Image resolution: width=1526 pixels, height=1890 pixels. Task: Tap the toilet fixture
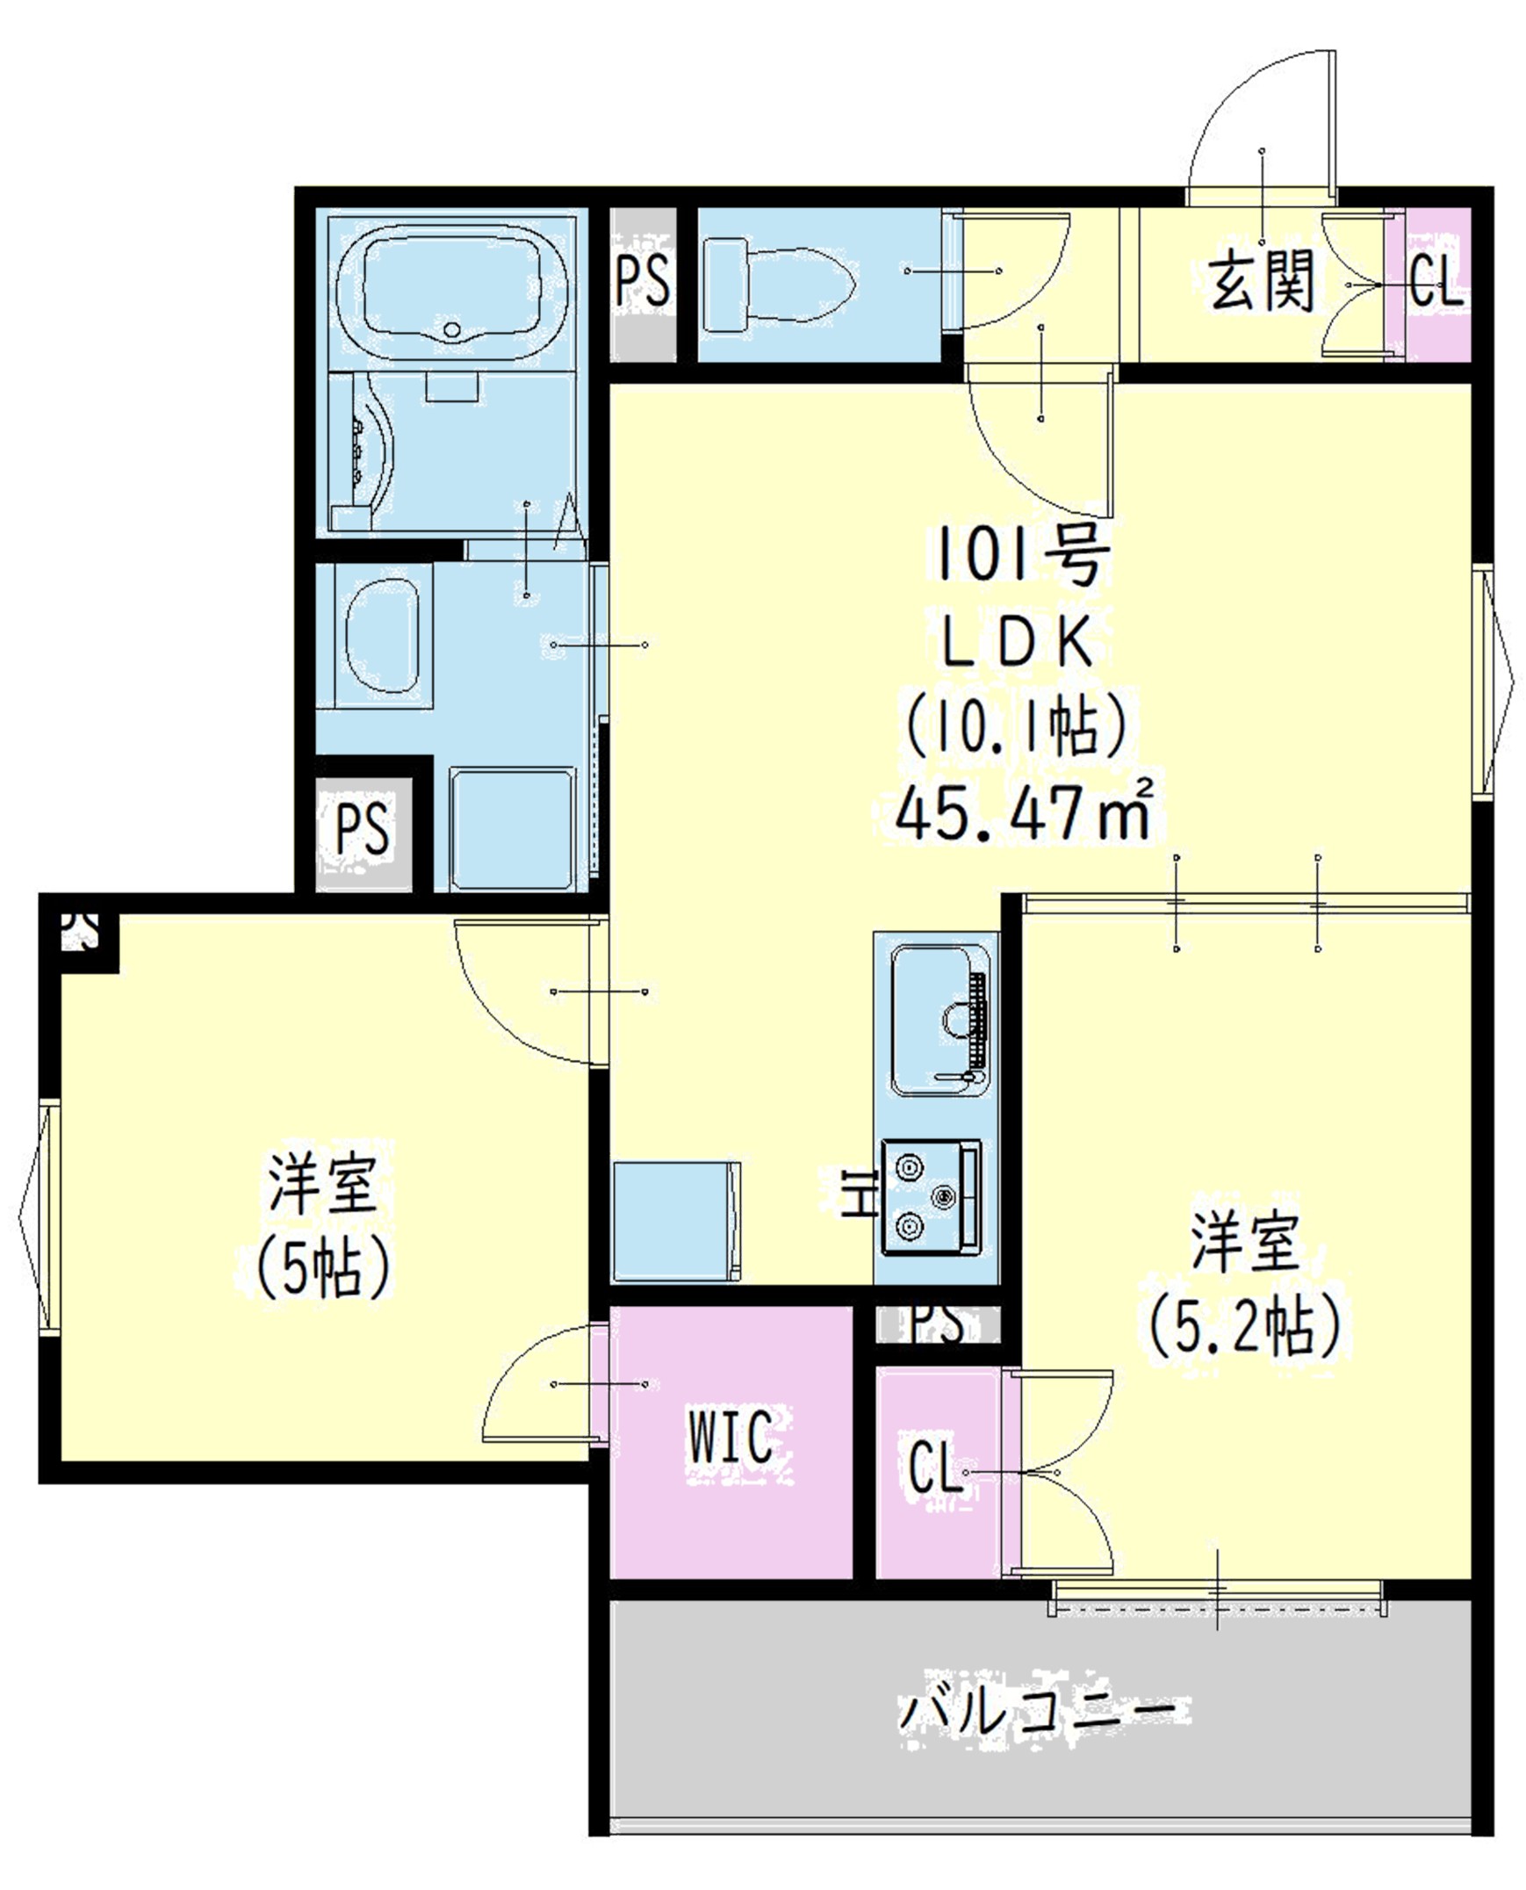[x=779, y=285]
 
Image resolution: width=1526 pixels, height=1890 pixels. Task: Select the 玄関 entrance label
[x=1262, y=281]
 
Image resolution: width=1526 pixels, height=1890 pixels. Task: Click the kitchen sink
[x=939, y=1020]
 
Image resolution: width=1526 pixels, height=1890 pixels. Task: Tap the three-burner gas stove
[x=932, y=1196]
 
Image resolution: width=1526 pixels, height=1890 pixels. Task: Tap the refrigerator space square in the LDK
[x=677, y=1222]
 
